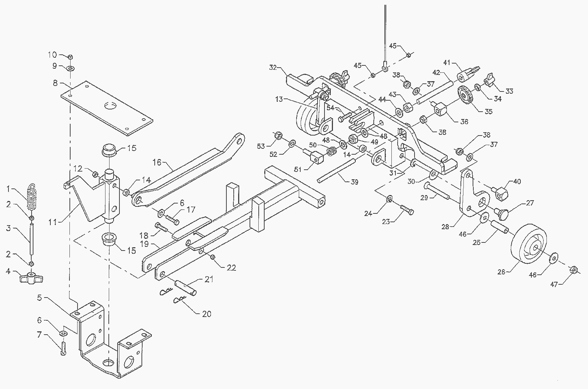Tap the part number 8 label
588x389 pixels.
tap(55, 83)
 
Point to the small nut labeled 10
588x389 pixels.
tap(70, 57)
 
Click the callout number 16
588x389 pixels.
tap(157, 162)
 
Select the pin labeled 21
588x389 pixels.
tap(186, 287)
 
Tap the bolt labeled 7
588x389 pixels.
tap(63, 349)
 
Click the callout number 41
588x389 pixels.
tap(447, 63)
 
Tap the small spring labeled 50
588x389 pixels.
tap(331, 151)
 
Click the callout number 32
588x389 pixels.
tap(273, 68)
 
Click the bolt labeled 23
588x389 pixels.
tap(406, 210)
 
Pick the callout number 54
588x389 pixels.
tap(330, 108)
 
